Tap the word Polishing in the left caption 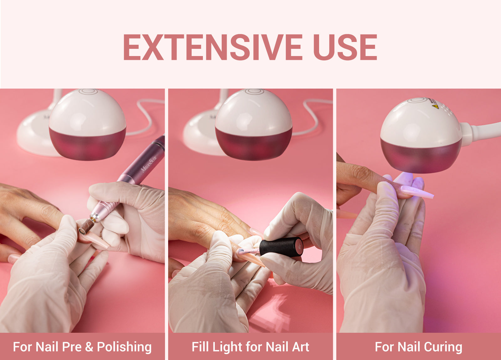124,347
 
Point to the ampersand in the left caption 89,347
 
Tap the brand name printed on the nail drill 149,165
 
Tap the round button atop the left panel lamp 88,91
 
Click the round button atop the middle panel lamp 254,91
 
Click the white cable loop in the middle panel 313,116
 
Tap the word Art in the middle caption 302,347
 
